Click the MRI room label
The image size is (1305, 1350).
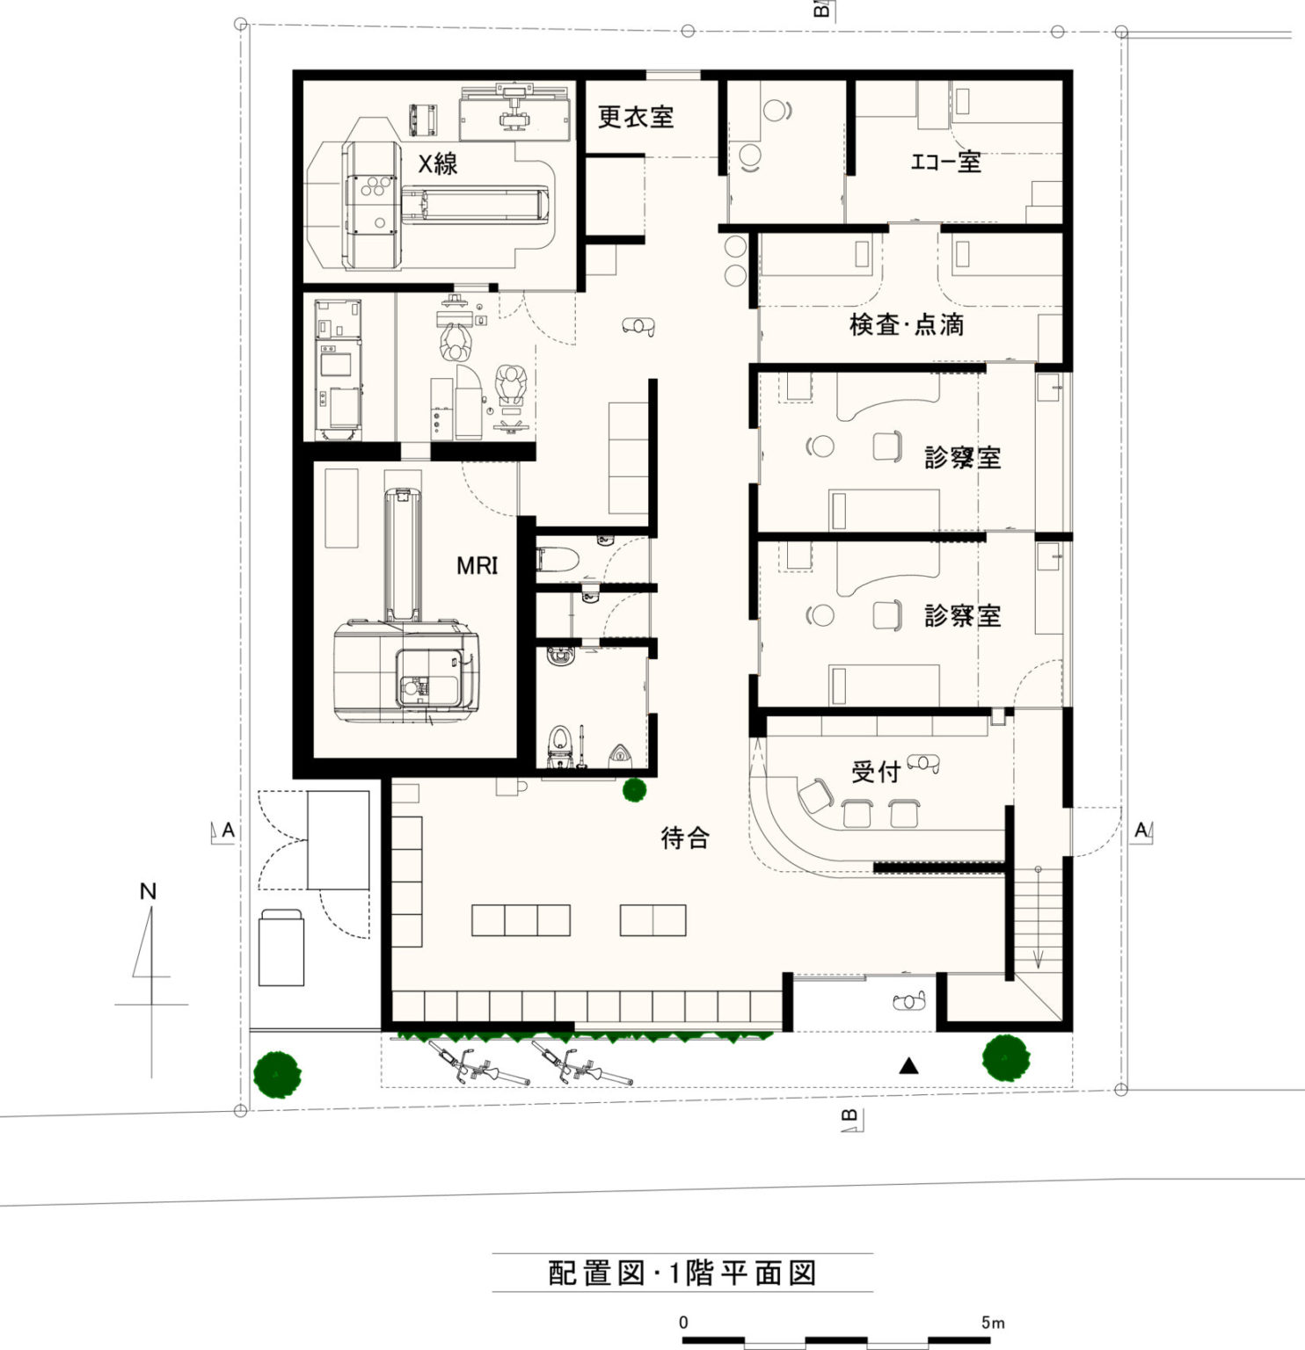[477, 565]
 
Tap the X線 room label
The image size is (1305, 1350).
[437, 163]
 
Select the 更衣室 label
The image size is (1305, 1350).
[636, 117]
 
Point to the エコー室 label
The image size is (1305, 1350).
[945, 162]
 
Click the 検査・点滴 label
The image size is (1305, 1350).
[907, 324]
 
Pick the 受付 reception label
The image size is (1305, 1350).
[876, 772]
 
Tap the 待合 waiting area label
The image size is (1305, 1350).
[685, 838]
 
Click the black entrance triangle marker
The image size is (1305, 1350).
[909, 1066]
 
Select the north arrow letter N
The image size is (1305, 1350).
[148, 891]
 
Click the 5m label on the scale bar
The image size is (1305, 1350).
[993, 1322]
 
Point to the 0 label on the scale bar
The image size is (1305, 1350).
[683, 1322]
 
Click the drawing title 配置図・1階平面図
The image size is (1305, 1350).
[682, 1273]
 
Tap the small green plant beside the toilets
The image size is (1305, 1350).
[635, 790]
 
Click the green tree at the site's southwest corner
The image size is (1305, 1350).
[277, 1074]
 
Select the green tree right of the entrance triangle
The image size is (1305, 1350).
[1006, 1057]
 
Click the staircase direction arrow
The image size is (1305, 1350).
[1038, 917]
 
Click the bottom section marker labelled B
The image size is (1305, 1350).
[851, 1119]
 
